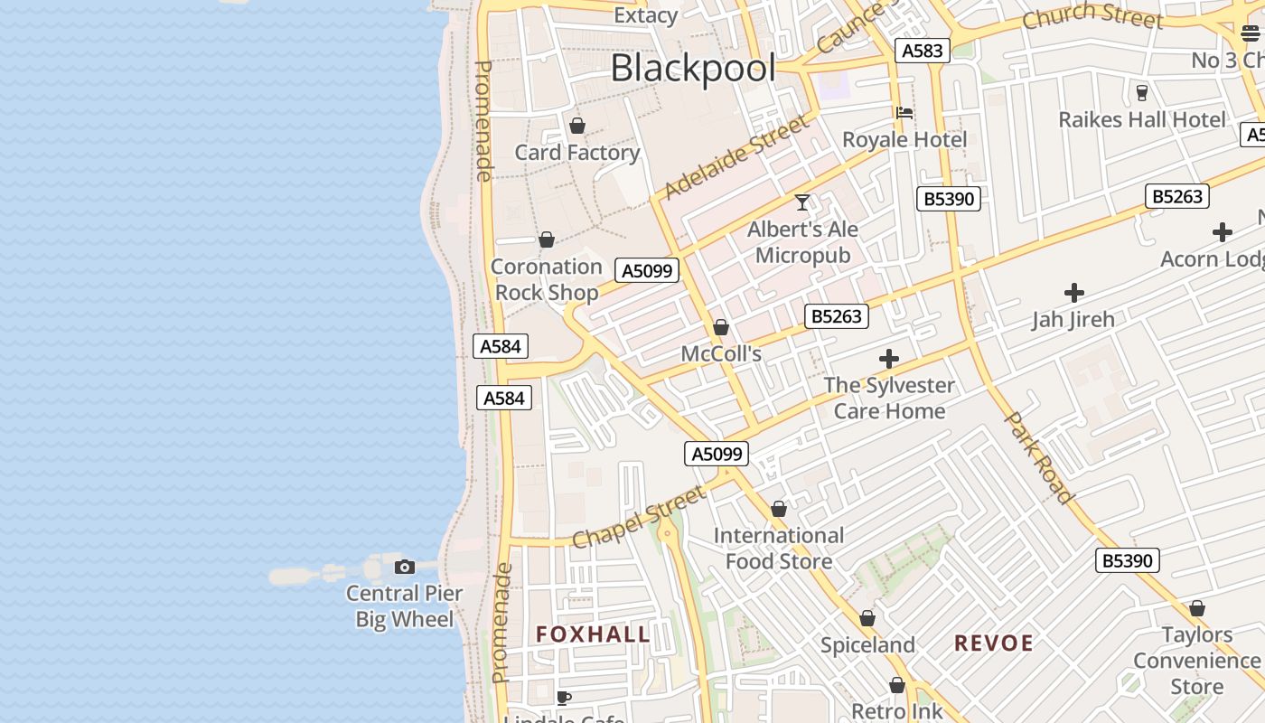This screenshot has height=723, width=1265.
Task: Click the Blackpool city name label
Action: pos(693,68)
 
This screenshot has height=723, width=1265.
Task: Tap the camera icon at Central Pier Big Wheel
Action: pos(405,568)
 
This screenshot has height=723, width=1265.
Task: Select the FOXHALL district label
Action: pos(593,634)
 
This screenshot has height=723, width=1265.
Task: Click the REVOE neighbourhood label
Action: pos(994,643)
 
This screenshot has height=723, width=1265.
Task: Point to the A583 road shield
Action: pos(923,51)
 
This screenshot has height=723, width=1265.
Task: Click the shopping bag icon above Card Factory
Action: pos(577,126)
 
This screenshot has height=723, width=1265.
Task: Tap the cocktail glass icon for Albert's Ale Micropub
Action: pos(802,202)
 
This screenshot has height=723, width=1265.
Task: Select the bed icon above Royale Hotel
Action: pos(904,113)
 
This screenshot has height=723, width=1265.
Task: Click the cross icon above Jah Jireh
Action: pos(1073,293)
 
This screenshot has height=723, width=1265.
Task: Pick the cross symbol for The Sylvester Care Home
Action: pos(889,359)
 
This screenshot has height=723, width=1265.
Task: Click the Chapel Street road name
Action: pos(639,519)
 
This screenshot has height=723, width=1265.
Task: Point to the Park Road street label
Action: pos(1039,457)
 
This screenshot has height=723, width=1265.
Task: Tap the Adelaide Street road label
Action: pos(736,156)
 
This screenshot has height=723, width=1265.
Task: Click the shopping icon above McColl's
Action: pos(721,327)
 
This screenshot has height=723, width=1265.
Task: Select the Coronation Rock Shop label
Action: pos(546,279)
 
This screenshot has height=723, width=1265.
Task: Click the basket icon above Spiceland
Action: pos(867,619)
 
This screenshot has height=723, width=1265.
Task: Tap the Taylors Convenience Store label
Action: pos(1196,661)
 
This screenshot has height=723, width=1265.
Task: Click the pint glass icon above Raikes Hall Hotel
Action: pos(1141,92)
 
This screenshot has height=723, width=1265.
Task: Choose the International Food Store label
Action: pos(779,548)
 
